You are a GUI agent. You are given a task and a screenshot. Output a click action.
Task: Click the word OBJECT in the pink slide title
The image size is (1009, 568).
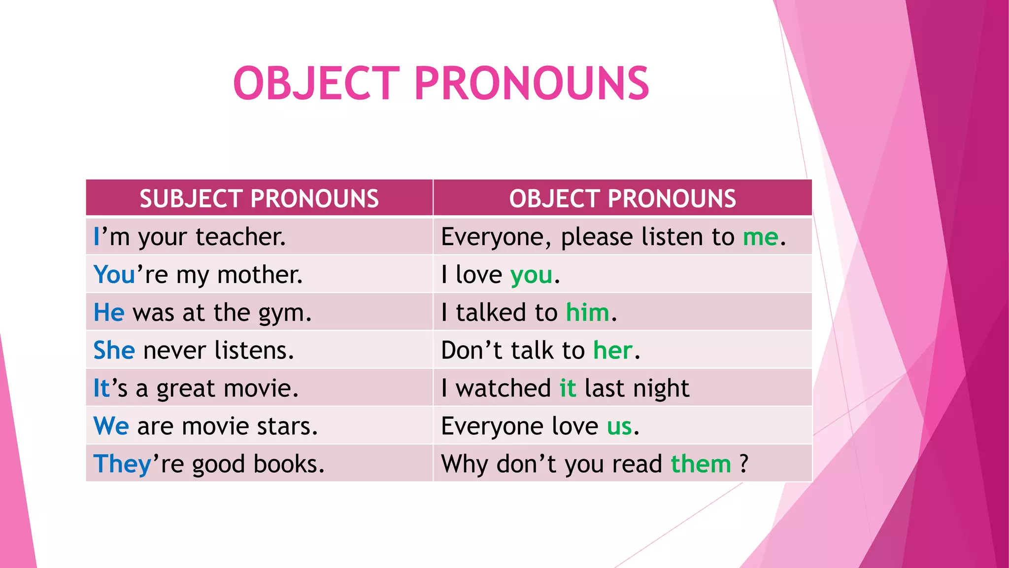316,83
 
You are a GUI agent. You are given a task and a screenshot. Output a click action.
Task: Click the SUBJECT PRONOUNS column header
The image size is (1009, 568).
259,199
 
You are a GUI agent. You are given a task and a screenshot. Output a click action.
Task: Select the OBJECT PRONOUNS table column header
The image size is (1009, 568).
622,199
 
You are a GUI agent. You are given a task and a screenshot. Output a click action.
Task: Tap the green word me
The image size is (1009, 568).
761,237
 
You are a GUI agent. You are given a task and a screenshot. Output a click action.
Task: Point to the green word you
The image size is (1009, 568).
531,275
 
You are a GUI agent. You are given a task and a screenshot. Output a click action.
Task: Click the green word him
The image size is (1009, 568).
587,313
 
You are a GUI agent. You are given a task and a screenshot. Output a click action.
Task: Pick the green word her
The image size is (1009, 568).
612,351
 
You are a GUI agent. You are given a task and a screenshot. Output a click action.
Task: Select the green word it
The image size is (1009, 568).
568,388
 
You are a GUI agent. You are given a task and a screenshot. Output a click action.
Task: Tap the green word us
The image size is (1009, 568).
619,426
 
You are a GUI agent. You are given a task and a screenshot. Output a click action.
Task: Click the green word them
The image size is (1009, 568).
701,464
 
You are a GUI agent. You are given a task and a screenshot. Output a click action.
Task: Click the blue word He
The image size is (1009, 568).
109,313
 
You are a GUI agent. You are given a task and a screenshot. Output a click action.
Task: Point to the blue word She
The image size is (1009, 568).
114,351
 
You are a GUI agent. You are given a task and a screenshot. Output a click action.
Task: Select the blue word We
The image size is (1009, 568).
111,426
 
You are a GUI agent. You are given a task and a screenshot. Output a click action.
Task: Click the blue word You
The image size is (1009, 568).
114,275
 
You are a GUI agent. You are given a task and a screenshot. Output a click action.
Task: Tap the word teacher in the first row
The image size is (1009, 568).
240,237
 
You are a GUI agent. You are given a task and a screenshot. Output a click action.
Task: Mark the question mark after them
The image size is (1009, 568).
743,464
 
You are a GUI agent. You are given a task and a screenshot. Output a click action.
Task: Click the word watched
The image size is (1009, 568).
503,388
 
